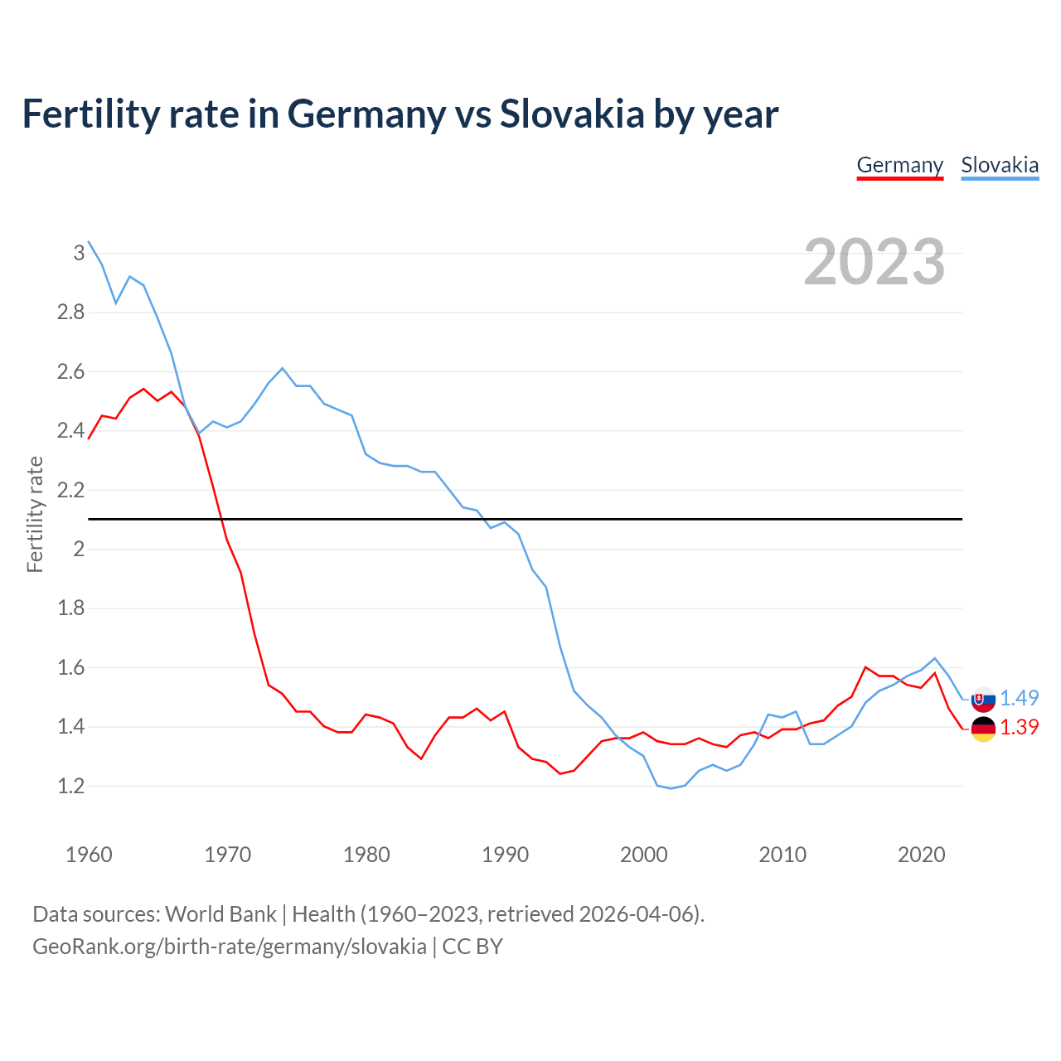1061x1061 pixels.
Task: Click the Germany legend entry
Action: (x=899, y=165)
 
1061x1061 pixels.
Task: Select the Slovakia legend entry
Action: (x=1000, y=165)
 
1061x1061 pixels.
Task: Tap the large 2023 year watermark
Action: (x=874, y=262)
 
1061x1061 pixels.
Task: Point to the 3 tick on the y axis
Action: (x=79, y=253)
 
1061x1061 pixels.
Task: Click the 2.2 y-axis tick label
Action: (x=70, y=490)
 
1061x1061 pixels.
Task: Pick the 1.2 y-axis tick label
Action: (x=70, y=786)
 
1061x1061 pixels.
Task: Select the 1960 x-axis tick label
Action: (x=89, y=855)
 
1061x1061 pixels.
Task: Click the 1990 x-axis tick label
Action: (x=505, y=855)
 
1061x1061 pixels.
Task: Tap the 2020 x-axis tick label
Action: (x=921, y=855)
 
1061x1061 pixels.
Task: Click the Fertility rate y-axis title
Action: (x=35, y=514)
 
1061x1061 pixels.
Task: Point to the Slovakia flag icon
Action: (x=983, y=700)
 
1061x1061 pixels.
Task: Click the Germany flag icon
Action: (x=983, y=729)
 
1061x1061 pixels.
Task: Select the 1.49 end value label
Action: (x=1019, y=698)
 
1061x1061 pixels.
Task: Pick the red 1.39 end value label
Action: (x=1019, y=727)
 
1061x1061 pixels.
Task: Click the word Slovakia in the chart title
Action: (x=571, y=114)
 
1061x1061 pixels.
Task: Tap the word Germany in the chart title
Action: (x=366, y=114)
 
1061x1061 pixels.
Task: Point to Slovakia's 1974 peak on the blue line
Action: (x=283, y=368)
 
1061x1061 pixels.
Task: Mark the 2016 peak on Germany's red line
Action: (x=865, y=666)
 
